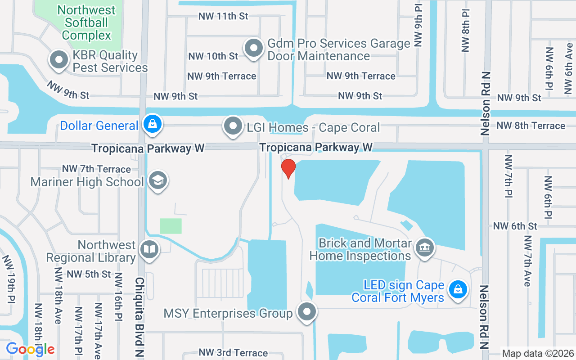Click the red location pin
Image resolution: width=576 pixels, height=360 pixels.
pyautogui.click(x=288, y=168)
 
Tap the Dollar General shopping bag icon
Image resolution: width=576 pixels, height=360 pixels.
pyautogui.click(x=153, y=124)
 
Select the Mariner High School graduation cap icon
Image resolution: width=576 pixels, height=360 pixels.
pyautogui.click(x=157, y=180)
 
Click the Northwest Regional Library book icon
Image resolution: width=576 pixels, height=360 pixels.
pyautogui.click(x=149, y=249)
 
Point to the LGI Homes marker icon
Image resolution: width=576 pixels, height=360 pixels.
pyautogui.click(x=233, y=126)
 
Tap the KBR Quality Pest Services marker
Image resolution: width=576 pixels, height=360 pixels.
pyautogui.click(x=58, y=60)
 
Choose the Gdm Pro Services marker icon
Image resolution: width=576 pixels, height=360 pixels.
pyautogui.click(x=253, y=48)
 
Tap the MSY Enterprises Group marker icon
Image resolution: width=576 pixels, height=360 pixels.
pyautogui.click(x=307, y=311)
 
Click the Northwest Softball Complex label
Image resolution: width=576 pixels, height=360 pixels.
pyautogui.click(x=86, y=22)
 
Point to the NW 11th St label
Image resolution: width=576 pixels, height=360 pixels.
pyautogui.click(x=224, y=16)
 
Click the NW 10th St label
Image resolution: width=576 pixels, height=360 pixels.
pyautogui.click(x=213, y=56)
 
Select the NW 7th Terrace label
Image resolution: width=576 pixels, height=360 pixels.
pyautogui.click(x=96, y=169)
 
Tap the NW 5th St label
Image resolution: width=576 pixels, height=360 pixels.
pyautogui.click(x=89, y=274)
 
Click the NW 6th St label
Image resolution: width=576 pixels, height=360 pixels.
pyautogui.click(x=515, y=226)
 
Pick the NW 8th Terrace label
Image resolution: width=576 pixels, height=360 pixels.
pyautogui.click(x=531, y=126)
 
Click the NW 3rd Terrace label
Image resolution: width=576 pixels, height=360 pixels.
pyautogui.click(x=233, y=353)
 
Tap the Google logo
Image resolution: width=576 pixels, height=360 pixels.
pyautogui.click(x=30, y=349)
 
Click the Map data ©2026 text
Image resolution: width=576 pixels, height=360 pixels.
pyautogui.click(x=538, y=353)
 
